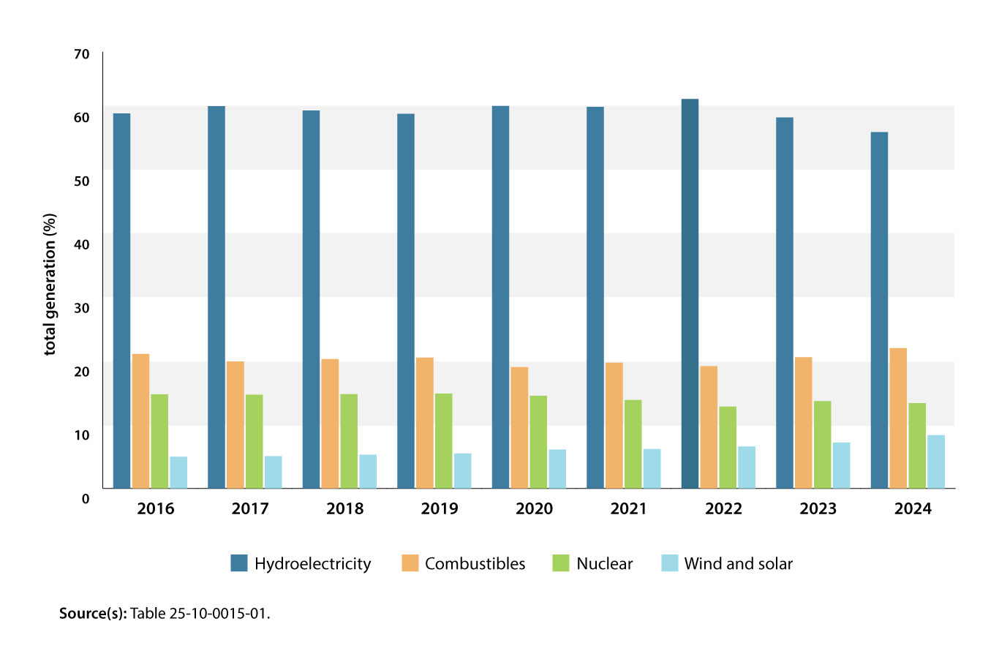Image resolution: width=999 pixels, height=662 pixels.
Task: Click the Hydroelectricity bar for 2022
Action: tap(690, 293)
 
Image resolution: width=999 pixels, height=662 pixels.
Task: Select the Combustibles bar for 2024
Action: tap(898, 418)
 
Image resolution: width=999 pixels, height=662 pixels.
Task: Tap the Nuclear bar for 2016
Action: tap(159, 441)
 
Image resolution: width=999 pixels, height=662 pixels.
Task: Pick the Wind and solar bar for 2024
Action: tap(936, 462)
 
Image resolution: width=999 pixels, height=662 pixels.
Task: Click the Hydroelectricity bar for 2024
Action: tap(879, 309)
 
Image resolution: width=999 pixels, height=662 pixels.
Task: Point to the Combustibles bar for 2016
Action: tap(140, 421)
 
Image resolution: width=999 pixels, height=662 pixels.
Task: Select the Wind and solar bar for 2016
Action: tap(178, 472)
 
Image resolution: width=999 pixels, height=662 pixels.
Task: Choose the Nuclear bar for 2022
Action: tap(728, 447)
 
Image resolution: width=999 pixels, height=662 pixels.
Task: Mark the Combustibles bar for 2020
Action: tap(519, 427)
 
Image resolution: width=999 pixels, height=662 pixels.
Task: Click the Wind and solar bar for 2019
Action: tap(462, 470)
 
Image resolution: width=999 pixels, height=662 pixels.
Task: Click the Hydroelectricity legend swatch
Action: tap(239, 563)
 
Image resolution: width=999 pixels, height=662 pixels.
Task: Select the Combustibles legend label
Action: tap(475, 564)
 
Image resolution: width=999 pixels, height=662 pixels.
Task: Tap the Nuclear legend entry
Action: tap(592, 564)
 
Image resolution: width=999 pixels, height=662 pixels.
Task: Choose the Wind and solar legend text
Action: tap(738, 564)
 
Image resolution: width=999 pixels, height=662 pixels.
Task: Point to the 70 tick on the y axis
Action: tap(81, 54)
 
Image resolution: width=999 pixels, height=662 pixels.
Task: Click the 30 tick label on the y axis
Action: tap(81, 308)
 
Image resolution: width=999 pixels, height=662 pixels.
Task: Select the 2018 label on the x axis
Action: tap(344, 509)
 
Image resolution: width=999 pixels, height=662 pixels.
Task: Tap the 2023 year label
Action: tap(818, 509)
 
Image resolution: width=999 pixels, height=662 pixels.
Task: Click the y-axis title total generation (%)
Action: tap(50, 284)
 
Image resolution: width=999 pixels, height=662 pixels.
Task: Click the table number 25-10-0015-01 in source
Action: tap(219, 614)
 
